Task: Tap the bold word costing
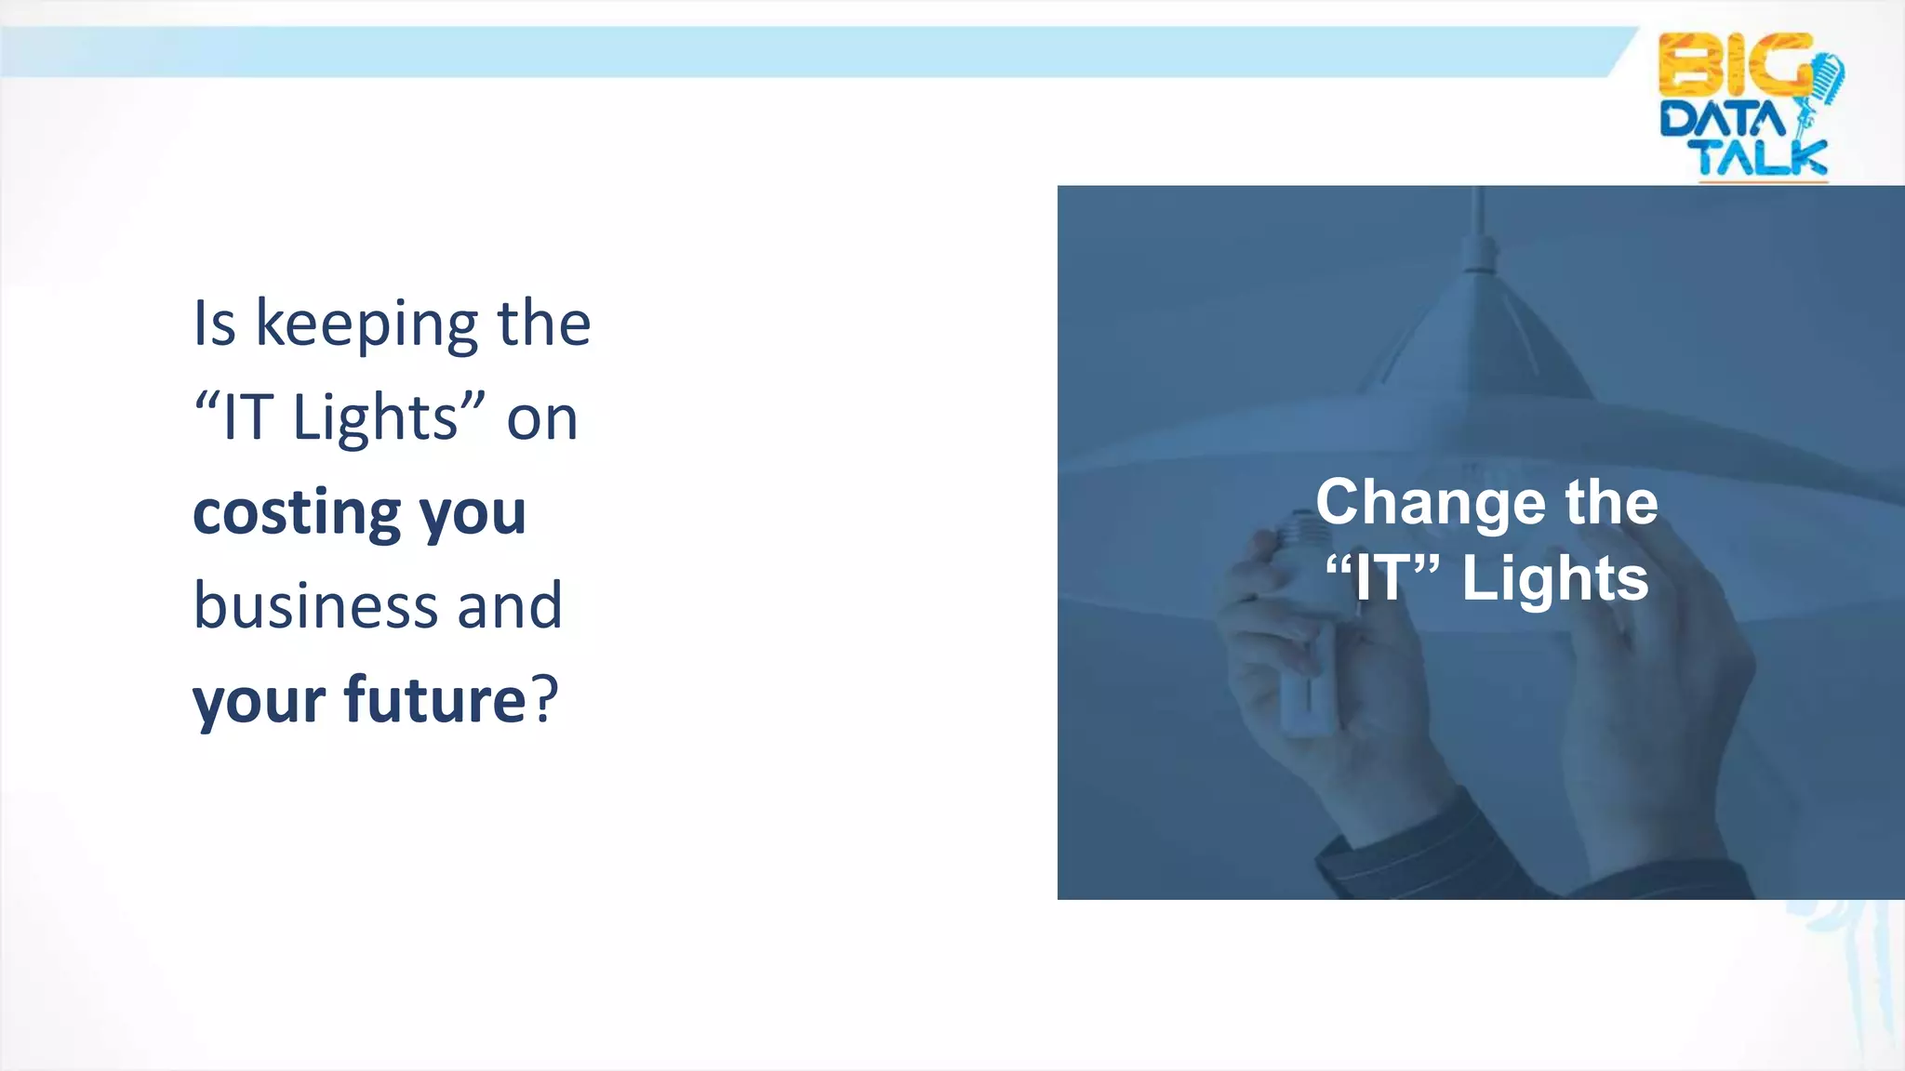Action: [x=296, y=512]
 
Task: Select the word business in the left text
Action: [x=313, y=605]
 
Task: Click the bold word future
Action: [x=435, y=699]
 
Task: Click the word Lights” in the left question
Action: [x=389, y=419]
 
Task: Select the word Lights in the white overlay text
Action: [x=1554, y=579]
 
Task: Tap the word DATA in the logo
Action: [x=1722, y=121]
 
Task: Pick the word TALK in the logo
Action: [x=1762, y=158]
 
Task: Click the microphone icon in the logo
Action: [x=1825, y=84]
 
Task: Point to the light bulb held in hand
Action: [x=1302, y=641]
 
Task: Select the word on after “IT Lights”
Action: [x=542, y=419]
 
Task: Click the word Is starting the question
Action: [x=214, y=325]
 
